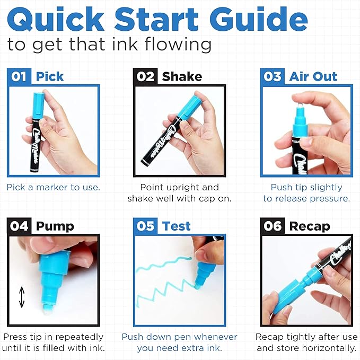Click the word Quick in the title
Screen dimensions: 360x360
(x=56, y=20)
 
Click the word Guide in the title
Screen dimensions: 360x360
(x=259, y=19)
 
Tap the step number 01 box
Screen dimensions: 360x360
(x=19, y=76)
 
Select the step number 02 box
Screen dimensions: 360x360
(x=145, y=76)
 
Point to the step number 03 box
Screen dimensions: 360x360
(x=273, y=76)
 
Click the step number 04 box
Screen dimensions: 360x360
(x=19, y=226)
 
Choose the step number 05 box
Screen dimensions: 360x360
(x=145, y=226)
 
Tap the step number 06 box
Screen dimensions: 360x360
(x=273, y=226)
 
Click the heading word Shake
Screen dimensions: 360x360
(x=182, y=77)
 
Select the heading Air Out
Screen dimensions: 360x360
(x=313, y=77)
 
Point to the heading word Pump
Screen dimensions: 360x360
(x=55, y=227)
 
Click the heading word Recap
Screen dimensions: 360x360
(x=310, y=227)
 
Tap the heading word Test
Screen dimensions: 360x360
(x=176, y=226)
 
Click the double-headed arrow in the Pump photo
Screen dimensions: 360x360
(x=22, y=297)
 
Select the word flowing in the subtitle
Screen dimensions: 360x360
(x=178, y=45)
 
